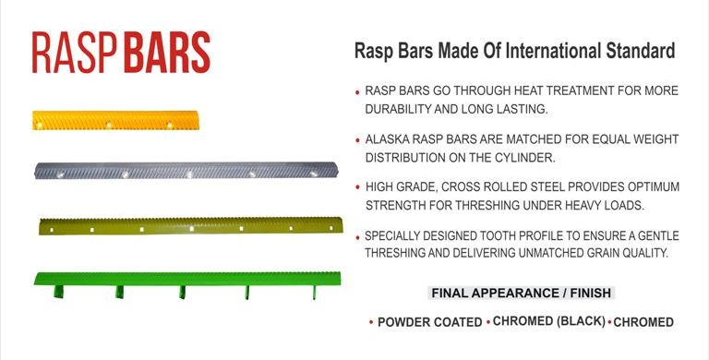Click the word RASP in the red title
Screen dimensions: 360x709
click(x=73, y=53)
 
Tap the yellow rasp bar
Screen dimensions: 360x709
click(x=114, y=120)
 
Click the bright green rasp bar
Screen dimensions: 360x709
click(x=180, y=279)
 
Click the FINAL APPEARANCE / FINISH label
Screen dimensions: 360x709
click(x=522, y=294)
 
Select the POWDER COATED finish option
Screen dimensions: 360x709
click(x=429, y=322)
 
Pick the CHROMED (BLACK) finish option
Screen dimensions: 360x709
click(x=548, y=321)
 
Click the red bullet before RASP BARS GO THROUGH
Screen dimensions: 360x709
click(x=357, y=93)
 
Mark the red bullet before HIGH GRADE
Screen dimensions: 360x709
click(x=357, y=188)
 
